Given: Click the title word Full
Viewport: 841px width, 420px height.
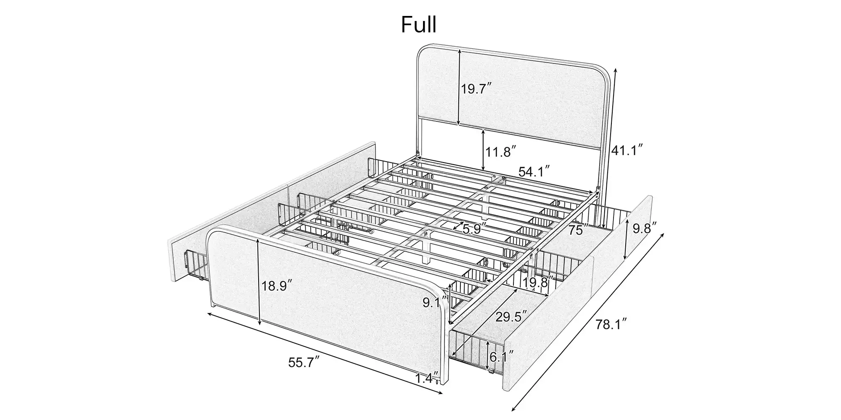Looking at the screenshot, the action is coord(418,25).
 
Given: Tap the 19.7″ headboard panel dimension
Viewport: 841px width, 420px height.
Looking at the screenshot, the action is coord(476,89).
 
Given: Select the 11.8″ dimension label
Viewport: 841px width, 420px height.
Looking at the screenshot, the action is coord(501,151).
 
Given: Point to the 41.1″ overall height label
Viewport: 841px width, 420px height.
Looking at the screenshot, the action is coord(627,150).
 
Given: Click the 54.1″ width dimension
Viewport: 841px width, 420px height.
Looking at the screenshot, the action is coord(534,171).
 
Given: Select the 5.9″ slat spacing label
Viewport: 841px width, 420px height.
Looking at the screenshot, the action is coord(474,229).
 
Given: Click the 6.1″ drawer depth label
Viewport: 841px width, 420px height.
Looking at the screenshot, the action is coord(502,357).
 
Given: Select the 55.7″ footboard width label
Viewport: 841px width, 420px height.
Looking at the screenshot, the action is coord(304,362).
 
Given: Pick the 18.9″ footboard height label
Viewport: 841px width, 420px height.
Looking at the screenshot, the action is coord(277,286).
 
